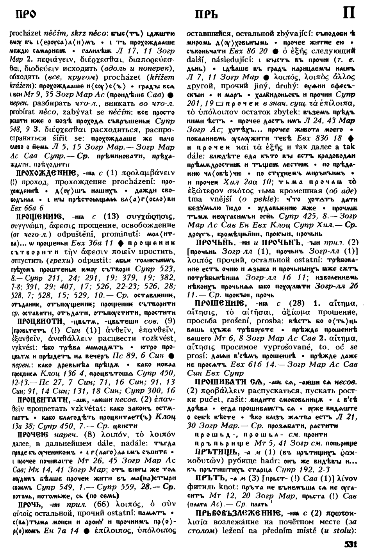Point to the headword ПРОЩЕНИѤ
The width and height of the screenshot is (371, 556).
click(38, 215)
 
